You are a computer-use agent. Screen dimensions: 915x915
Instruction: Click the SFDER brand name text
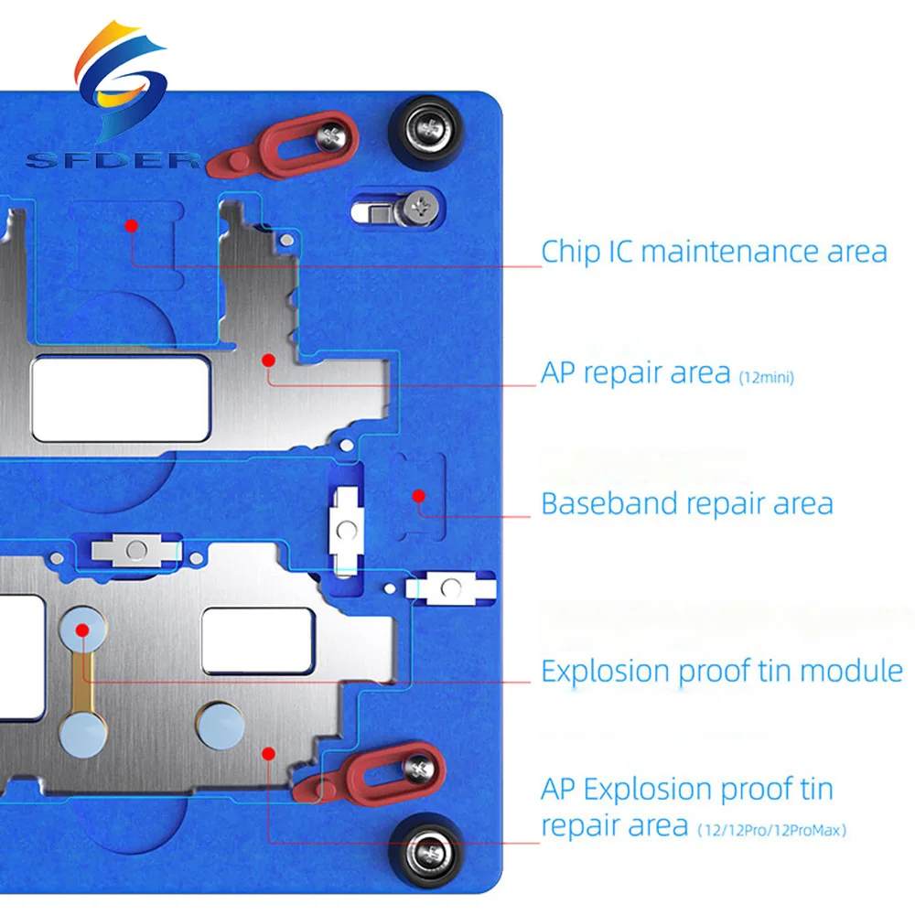(113, 160)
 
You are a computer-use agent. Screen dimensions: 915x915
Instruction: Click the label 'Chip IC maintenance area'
(714, 252)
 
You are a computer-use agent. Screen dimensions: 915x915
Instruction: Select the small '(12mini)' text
(766, 378)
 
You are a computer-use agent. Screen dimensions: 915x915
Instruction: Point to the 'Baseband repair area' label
(687, 503)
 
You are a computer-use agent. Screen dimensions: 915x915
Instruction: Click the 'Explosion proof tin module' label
(722, 671)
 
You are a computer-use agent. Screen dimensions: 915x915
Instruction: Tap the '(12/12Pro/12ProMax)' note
(771, 830)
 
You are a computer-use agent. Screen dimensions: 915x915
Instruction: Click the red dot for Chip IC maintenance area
(131, 226)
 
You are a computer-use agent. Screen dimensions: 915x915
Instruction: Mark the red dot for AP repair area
(268, 360)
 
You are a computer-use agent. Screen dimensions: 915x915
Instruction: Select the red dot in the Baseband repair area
(418, 496)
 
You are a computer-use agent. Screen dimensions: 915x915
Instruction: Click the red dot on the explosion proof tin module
(82, 630)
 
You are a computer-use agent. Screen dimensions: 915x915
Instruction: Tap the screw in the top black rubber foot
(429, 128)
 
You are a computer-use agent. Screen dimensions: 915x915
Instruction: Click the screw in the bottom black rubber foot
(429, 854)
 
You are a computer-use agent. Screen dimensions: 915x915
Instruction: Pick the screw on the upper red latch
(332, 138)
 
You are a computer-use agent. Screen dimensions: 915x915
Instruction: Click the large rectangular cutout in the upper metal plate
(121, 399)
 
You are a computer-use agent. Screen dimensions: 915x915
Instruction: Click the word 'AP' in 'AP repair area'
(558, 373)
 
